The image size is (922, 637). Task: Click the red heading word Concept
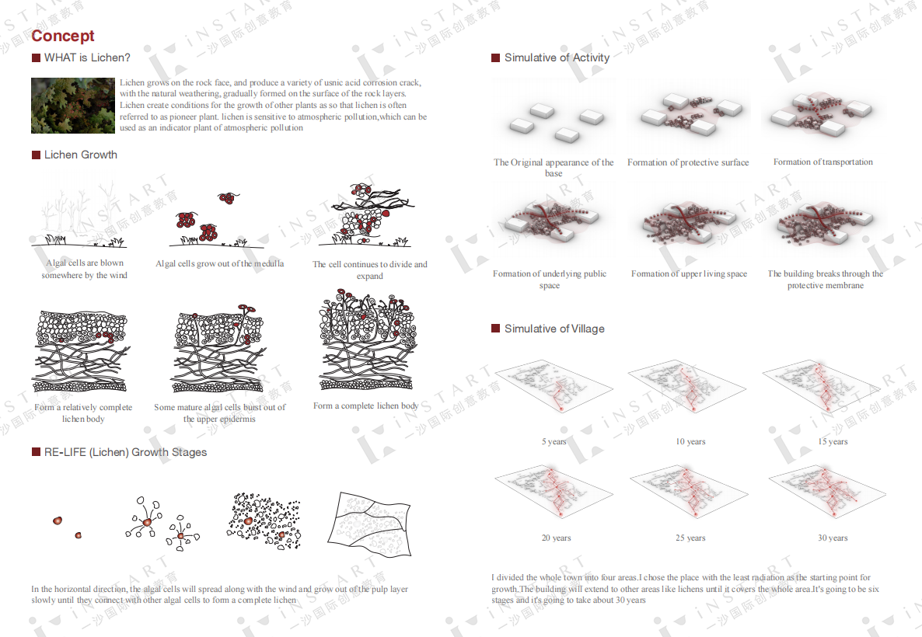pyautogui.click(x=62, y=36)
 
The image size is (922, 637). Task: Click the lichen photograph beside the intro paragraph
pyautogui.click(x=73, y=105)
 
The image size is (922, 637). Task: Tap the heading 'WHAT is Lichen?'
pyautogui.click(x=87, y=57)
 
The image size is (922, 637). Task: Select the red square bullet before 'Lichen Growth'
pyautogui.click(x=36, y=155)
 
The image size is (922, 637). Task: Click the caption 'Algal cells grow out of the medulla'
pyautogui.click(x=219, y=264)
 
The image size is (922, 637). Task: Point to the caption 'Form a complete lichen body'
pyautogui.click(x=365, y=406)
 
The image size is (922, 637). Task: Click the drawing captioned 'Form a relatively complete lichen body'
pyautogui.click(x=82, y=351)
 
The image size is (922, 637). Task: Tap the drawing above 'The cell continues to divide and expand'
pyautogui.click(x=371, y=215)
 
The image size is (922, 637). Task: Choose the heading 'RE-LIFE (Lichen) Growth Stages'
pyautogui.click(x=125, y=452)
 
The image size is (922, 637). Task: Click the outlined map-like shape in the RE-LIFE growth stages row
pyautogui.click(x=369, y=524)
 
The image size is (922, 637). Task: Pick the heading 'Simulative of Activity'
pyautogui.click(x=557, y=57)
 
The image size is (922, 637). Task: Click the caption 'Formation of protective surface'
pyautogui.click(x=688, y=162)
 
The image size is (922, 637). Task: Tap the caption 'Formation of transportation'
pyautogui.click(x=823, y=162)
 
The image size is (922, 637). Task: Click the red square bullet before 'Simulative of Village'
pyautogui.click(x=495, y=328)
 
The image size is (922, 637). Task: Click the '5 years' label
pyautogui.click(x=554, y=441)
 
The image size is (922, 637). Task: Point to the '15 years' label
pyautogui.click(x=833, y=441)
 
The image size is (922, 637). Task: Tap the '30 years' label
pyautogui.click(x=833, y=538)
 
